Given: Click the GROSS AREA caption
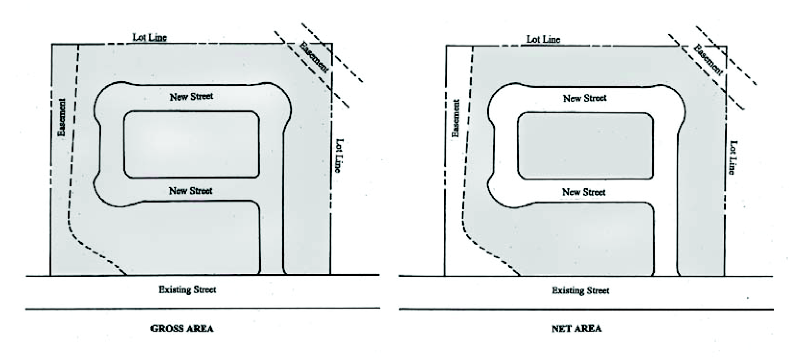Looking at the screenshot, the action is (x=182, y=329).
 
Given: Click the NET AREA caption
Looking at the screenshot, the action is (x=576, y=329).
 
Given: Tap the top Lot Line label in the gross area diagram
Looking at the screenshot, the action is (x=150, y=37).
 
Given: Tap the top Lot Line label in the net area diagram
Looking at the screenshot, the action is (x=543, y=39).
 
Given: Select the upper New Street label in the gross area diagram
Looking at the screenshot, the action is (x=191, y=96).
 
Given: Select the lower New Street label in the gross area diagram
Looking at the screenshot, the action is (x=191, y=191).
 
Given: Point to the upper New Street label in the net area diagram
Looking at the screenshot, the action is (x=585, y=98).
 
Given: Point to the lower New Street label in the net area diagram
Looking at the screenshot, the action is (x=584, y=192).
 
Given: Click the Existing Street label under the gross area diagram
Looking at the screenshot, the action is (x=187, y=289).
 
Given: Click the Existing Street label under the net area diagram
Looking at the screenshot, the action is (x=580, y=290).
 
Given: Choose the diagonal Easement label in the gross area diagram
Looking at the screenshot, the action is (x=314, y=57).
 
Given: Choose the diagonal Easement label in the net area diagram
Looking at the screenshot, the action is (x=708, y=59).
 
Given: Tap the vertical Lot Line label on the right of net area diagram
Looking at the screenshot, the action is (x=732, y=157).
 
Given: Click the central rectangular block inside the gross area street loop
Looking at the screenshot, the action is (x=192, y=144).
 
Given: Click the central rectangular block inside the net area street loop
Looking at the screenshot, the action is (x=585, y=146).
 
